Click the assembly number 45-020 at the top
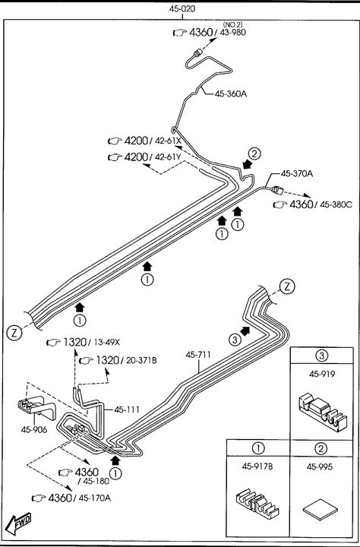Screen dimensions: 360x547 click(182, 9)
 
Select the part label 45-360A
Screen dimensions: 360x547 click(231, 94)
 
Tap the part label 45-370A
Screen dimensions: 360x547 click(296, 173)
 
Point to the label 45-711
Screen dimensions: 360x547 click(198, 355)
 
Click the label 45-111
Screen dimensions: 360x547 click(127, 409)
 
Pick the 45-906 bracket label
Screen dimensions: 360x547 click(34, 429)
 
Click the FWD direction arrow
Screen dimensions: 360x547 click(18, 523)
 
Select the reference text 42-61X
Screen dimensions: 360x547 click(168, 141)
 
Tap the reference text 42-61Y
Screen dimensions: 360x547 click(168, 157)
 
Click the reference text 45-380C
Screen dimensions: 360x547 click(336, 205)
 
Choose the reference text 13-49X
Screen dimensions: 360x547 click(107, 343)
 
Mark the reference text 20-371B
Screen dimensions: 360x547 click(141, 360)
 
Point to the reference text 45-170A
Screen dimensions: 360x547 click(94, 498)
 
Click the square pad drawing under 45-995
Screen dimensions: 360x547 click(320, 511)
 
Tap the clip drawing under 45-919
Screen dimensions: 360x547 click(322, 412)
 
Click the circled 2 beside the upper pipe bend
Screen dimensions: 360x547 click(254, 153)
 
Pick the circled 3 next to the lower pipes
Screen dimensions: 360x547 click(235, 339)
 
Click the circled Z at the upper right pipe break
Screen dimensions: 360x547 click(287, 286)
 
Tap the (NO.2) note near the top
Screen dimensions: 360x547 click(232, 25)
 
